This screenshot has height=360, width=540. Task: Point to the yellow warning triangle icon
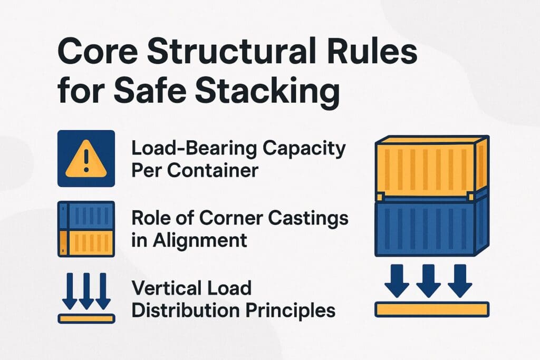click(x=86, y=160)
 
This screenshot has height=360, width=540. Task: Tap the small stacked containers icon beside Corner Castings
click(x=86, y=229)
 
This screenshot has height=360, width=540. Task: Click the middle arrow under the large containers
click(x=428, y=280)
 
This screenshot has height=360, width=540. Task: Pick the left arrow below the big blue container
click(x=396, y=280)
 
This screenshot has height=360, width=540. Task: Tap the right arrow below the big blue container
click(x=459, y=280)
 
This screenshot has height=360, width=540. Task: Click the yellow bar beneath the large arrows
click(x=431, y=309)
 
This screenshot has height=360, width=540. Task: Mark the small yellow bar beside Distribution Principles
click(x=86, y=318)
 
